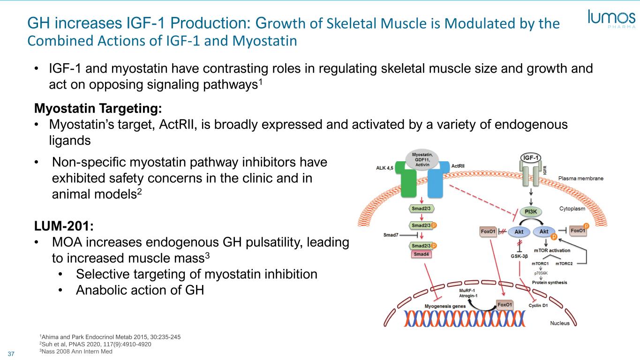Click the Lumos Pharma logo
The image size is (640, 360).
[611, 19]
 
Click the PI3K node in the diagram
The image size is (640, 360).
[531, 212]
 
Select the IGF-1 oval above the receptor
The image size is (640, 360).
[531, 157]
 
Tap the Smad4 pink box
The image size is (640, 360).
[421, 254]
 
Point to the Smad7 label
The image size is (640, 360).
[391, 235]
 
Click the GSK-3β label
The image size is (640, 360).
[519, 256]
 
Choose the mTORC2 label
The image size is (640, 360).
[564, 263]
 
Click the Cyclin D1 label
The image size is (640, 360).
[538, 306]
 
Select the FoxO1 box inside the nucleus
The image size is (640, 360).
[504, 305]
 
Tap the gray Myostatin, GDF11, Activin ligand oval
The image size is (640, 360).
[422, 159]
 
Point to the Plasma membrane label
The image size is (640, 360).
[581, 178]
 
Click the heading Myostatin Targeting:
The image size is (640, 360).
[98, 108]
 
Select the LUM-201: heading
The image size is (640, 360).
[64, 226]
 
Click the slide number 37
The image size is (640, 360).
[11, 354]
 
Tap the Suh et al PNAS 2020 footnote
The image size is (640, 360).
[95, 344]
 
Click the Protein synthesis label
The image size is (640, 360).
[550, 283]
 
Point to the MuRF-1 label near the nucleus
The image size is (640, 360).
[467, 291]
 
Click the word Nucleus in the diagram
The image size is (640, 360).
[560, 323]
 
